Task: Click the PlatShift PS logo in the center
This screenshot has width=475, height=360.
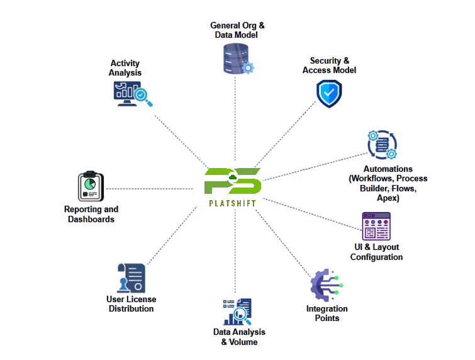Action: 233,182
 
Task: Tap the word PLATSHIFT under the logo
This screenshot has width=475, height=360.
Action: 233,203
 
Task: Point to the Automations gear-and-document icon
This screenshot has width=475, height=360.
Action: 382,145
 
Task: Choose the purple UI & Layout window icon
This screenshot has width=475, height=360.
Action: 376,226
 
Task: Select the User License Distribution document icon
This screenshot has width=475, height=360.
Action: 131,278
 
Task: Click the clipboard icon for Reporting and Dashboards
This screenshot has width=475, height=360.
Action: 90,186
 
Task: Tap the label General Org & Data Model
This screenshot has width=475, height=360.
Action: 237,30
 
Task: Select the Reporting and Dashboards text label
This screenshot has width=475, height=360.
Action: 91,214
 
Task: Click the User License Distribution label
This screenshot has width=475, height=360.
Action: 131,304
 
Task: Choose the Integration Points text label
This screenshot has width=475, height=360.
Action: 327,313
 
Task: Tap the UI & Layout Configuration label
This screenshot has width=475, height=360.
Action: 376,252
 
